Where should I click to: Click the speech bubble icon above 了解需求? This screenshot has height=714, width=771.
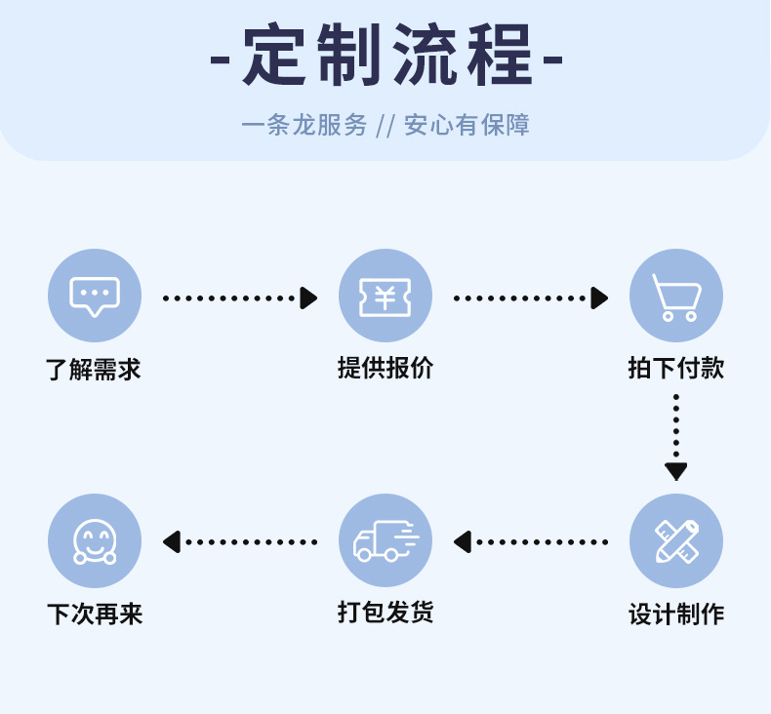(x=95, y=296)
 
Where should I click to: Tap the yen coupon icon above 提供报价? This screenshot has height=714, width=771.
(x=385, y=296)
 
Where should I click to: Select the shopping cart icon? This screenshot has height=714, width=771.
(x=676, y=296)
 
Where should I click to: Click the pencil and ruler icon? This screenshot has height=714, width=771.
(x=676, y=540)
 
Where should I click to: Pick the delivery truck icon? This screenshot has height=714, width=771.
(x=385, y=540)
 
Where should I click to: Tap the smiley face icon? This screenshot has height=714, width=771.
(x=95, y=540)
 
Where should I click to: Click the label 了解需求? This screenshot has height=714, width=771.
(x=94, y=370)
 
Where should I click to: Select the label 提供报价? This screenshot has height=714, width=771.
(x=385, y=368)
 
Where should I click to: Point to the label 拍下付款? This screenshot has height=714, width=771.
(x=676, y=368)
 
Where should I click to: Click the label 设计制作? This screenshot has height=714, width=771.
(x=676, y=615)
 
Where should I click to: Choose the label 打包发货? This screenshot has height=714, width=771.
(x=385, y=613)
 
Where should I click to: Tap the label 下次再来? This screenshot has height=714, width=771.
(x=95, y=615)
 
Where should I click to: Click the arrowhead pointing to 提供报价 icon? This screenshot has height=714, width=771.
(x=309, y=297)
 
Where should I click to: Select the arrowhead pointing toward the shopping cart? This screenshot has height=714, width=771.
(x=600, y=297)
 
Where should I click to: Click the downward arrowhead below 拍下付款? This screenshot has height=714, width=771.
(x=676, y=472)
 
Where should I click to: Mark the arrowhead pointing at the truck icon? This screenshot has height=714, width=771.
(x=463, y=541)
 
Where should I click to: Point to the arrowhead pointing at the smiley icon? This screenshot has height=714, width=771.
(x=172, y=541)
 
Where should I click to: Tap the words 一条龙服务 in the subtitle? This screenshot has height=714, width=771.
(x=304, y=125)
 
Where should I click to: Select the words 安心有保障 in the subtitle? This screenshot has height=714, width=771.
(x=467, y=125)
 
